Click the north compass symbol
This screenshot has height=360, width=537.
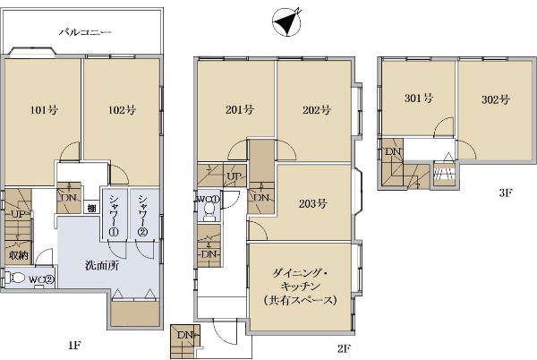click(x=287, y=21)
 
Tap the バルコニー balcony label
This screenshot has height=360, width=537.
click(x=85, y=32)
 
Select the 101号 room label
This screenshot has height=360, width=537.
click(x=44, y=110)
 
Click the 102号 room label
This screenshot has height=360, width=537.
click(x=123, y=110)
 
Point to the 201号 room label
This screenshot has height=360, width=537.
click(x=240, y=109)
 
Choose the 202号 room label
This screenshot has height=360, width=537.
click(x=317, y=110)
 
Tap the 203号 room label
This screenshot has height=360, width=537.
click(x=312, y=204)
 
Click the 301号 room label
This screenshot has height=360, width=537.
click(x=419, y=99)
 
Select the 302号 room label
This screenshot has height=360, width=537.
click(x=496, y=99)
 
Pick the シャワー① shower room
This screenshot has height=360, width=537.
click(x=114, y=215)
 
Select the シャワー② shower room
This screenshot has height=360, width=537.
click(x=144, y=215)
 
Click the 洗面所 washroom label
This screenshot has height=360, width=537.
click(x=102, y=265)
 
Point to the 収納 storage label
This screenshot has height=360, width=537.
click(x=19, y=255)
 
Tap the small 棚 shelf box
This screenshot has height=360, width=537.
click(x=91, y=208)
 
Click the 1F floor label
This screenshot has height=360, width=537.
click(x=74, y=346)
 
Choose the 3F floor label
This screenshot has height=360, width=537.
click(x=505, y=193)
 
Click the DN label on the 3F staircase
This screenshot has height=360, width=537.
click(x=393, y=151)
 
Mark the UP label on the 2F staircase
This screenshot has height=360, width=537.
click(x=234, y=176)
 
